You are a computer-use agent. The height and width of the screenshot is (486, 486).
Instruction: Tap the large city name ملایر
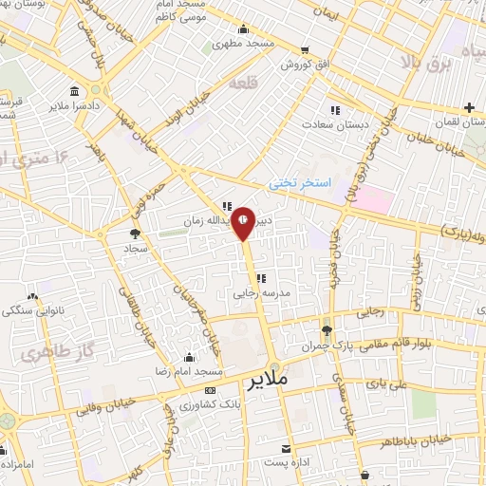coord(269,383)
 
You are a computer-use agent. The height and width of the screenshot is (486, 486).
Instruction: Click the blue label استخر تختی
coord(296,180)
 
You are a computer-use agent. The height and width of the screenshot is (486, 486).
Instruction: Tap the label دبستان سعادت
coord(334,123)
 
